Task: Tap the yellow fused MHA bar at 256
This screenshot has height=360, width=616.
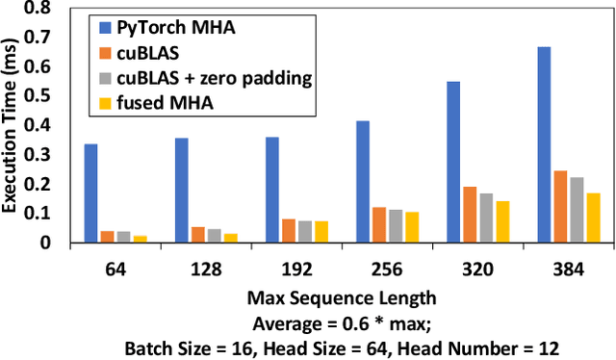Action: click(412, 227)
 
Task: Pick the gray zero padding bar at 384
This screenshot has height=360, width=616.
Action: click(577, 210)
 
